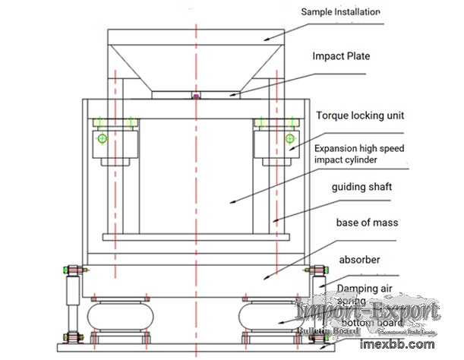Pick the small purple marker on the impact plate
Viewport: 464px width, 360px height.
pos(196,96)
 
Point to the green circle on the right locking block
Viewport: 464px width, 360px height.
pos(289,138)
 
